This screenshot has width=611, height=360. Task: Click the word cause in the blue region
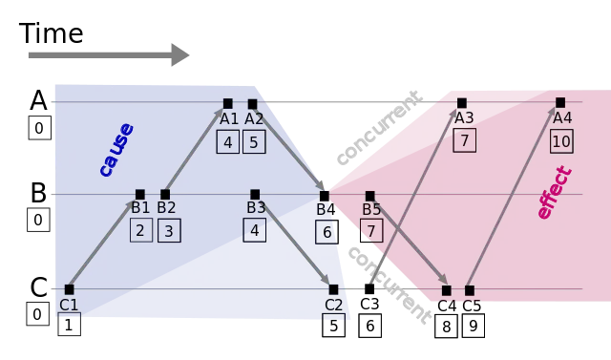[x=116, y=149]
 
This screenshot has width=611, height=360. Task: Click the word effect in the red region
[x=554, y=193]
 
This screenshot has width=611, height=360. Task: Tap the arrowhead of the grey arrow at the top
[x=179, y=53]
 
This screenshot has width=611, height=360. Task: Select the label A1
[x=229, y=119]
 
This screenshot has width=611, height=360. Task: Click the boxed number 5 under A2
[x=254, y=142]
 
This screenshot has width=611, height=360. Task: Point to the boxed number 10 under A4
[x=561, y=141]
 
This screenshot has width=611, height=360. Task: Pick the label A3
[x=464, y=118]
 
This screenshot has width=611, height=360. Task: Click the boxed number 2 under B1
[x=141, y=230]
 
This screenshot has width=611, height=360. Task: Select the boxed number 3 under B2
[x=169, y=230]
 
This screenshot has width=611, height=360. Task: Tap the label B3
[x=256, y=207]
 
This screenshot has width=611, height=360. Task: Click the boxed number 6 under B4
[x=327, y=232]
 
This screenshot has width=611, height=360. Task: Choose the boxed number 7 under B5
[x=371, y=231]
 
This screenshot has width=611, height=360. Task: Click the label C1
[x=69, y=305]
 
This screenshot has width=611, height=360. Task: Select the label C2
[x=333, y=305]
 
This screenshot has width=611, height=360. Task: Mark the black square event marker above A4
[x=560, y=102]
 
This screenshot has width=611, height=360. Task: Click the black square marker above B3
[x=255, y=194]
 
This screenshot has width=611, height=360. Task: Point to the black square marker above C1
[x=69, y=288]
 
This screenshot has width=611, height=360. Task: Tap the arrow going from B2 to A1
[x=196, y=149]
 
